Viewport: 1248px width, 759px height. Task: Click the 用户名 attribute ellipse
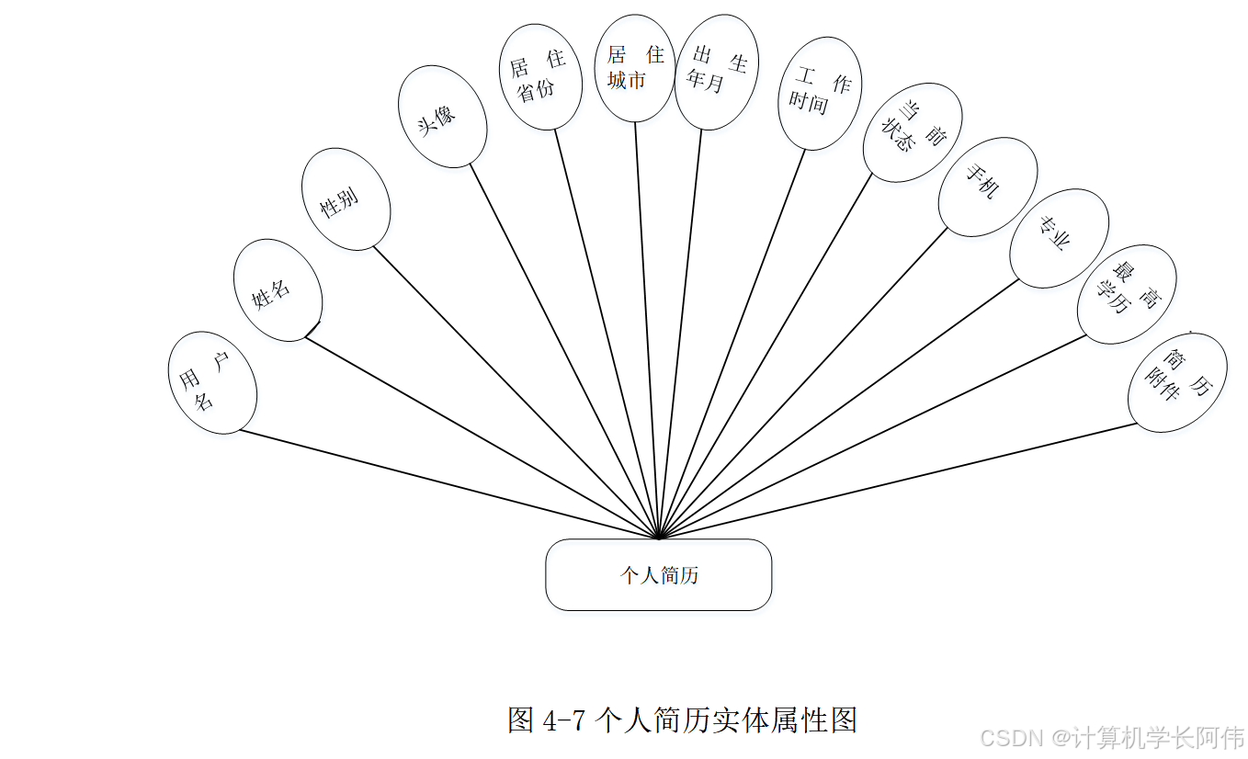click(x=212, y=383)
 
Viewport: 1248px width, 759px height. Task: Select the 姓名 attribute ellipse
click(x=278, y=290)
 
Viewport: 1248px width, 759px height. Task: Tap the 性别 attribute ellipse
click(x=346, y=199)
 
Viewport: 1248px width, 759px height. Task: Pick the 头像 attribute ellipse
click(x=442, y=117)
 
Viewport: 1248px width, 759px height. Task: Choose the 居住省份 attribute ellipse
click(x=540, y=77)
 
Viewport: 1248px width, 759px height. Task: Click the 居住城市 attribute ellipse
click(x=635, y=68)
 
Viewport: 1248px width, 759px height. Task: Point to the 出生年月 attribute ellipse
click(x=716, y=73)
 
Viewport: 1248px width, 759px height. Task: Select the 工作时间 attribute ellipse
click(x=819, y=93)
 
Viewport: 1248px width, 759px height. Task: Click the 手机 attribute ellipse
click(x=987, y=187)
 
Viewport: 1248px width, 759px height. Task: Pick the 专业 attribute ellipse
click(x=1059, y=238)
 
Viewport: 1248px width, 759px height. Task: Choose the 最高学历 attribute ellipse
click(x=1126, y=294)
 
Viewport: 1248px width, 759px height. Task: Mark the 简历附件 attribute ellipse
click(x=1177, y=382)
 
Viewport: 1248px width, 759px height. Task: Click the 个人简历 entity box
click(x=658, y=575)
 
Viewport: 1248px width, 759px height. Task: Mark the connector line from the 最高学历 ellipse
click(x=873, y=436)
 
